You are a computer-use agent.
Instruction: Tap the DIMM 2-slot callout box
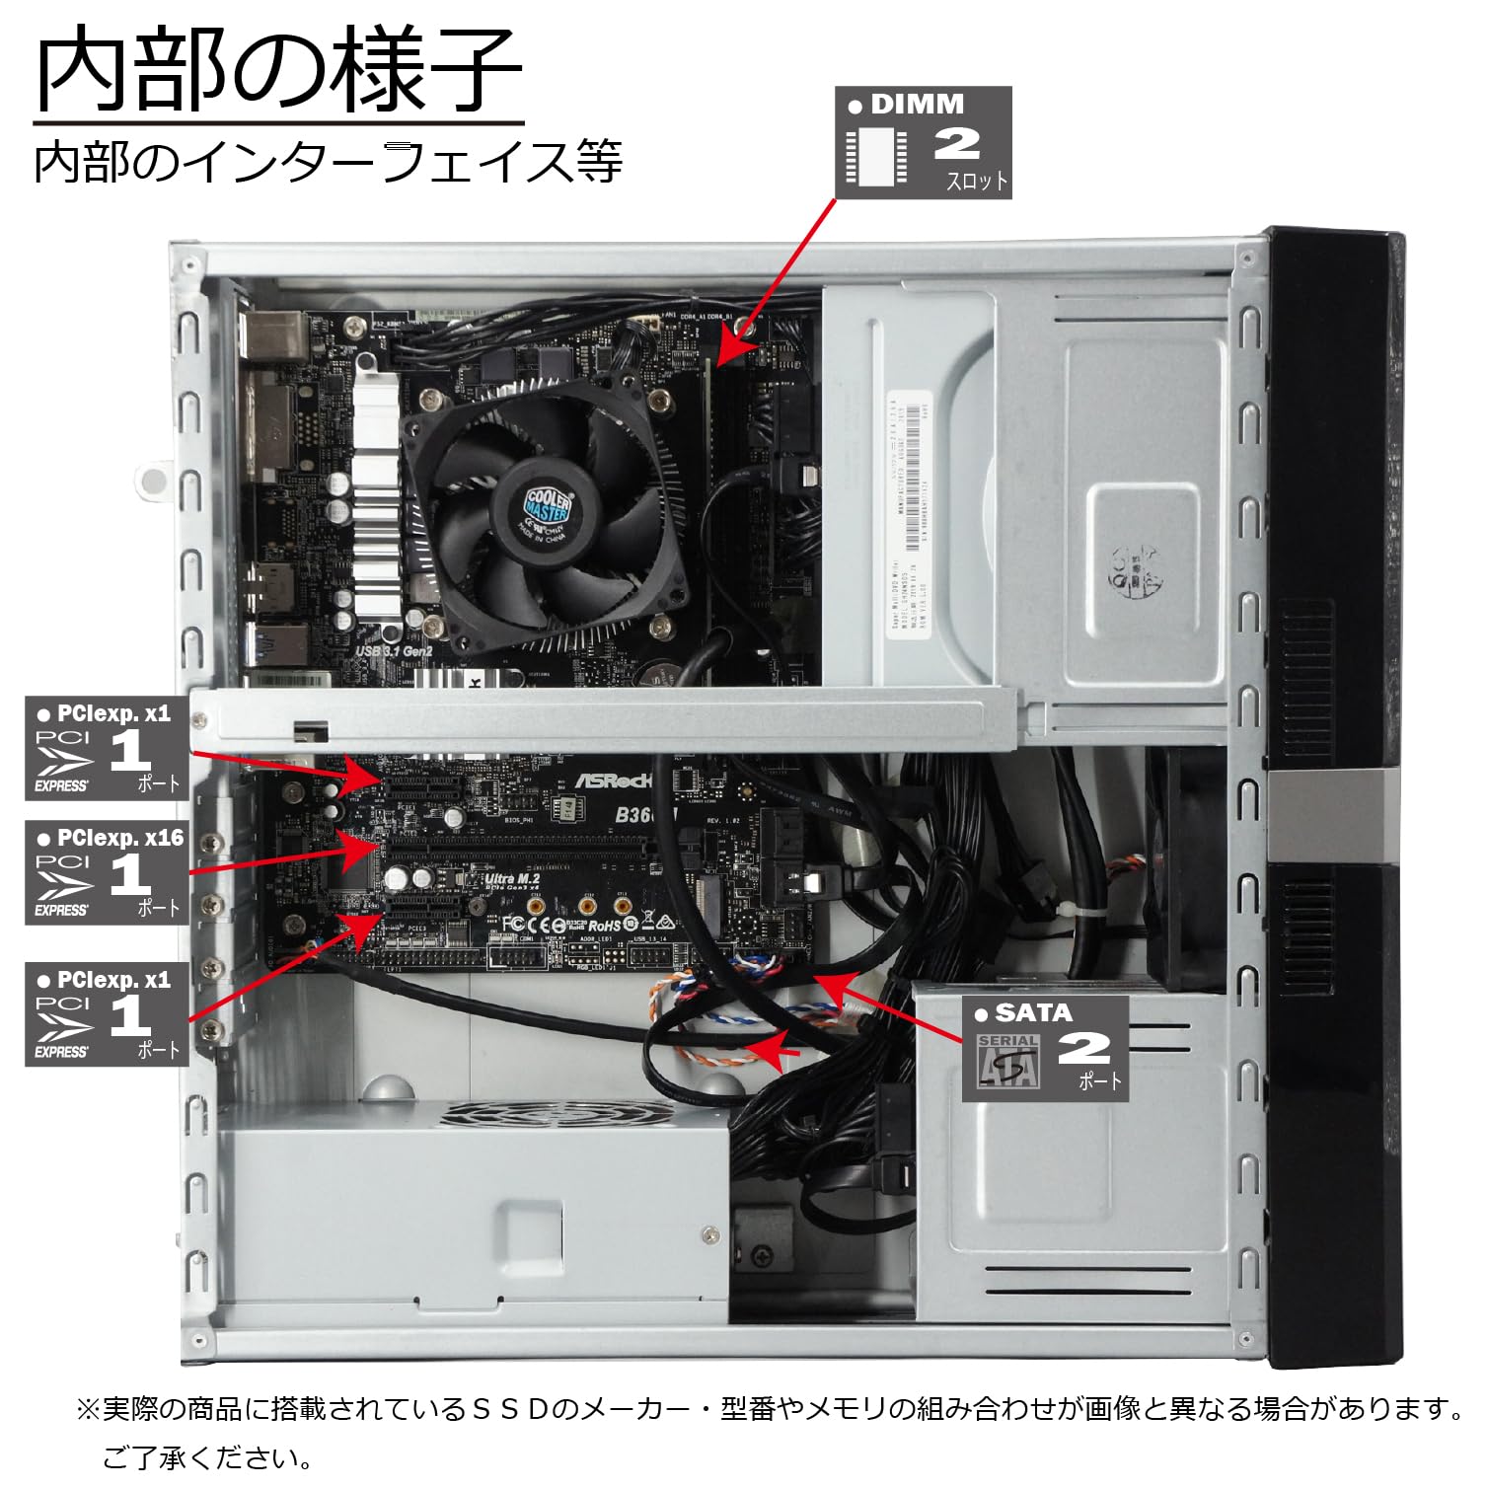[923, 143]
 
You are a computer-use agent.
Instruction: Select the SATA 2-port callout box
[1045, 1048]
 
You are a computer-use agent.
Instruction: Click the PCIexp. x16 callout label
[106, 873]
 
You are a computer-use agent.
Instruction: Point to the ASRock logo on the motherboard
[614, 781]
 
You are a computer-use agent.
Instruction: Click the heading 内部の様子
[278, 70]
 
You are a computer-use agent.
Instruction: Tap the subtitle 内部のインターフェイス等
[329, 162]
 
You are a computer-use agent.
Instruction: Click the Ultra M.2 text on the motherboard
[512, 878]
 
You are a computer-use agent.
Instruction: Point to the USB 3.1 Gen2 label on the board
[394, 651]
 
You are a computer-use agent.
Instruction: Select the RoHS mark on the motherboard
[603, 926]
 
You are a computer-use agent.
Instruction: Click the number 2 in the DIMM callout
[956, 144]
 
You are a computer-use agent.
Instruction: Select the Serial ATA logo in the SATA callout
[1007, 1061]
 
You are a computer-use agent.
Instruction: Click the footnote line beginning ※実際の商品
[770, 1408]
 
